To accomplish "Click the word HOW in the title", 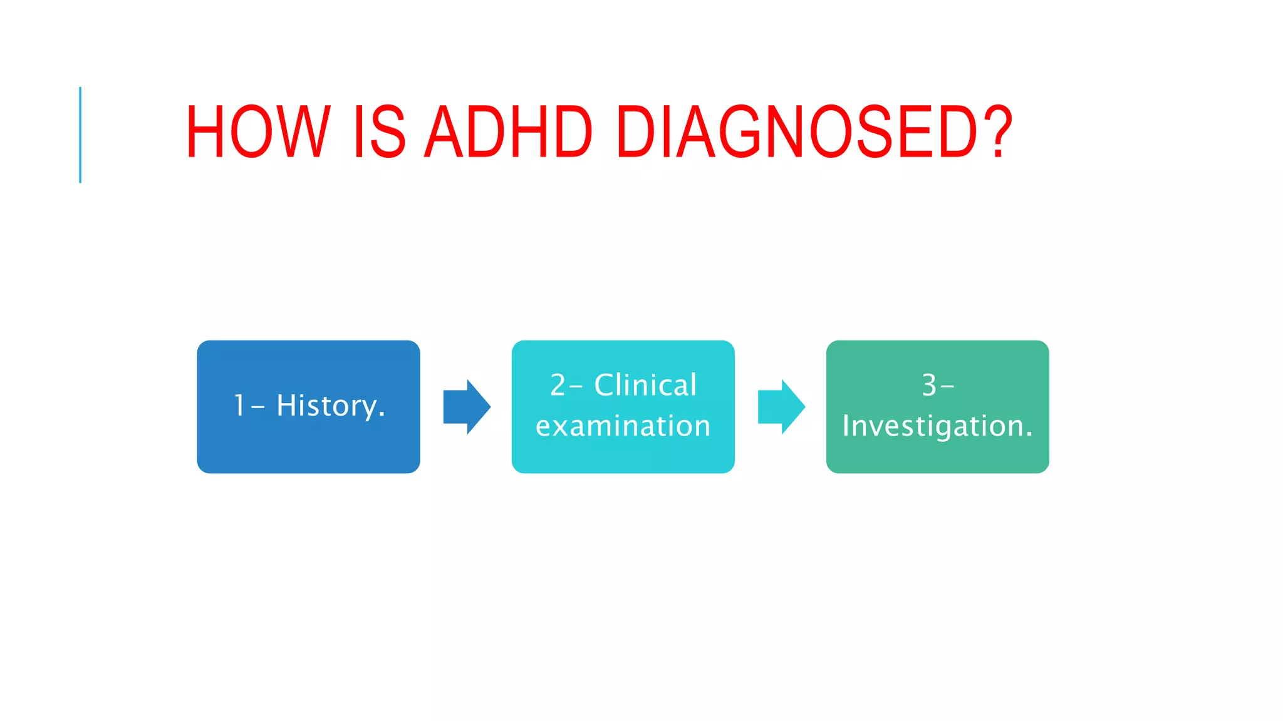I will tap(257, 132).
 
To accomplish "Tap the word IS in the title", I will tap(378, 132).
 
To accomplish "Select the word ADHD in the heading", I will tap(508, 132).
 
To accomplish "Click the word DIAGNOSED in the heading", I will tap(796, 132).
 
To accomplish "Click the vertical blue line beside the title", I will tap(80, 135).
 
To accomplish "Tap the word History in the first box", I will tap(326, 406).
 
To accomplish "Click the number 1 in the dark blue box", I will tap(239, 406).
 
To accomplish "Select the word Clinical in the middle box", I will tap(645, 385).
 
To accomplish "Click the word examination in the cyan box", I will tap(623, 426).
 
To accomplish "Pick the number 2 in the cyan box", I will tap(558, 385).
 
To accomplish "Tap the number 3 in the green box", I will tap(929, 386).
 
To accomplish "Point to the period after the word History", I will tap(382, 416).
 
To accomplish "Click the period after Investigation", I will tap(1029, 435).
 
